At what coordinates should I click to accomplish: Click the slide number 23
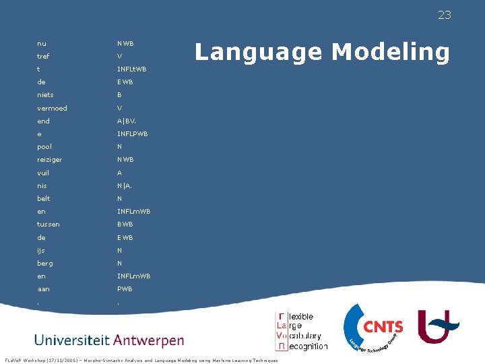(444, 16)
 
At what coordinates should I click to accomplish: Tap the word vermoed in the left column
(52, 108)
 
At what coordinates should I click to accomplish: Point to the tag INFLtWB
(131, 69)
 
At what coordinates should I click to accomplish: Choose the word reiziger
(49, 160)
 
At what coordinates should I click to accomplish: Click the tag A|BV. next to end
(126, 121)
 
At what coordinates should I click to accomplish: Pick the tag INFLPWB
(132, 133)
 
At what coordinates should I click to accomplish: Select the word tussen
(48, 224)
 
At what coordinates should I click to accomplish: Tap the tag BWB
(125, 224)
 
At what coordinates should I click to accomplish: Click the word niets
(45, 95)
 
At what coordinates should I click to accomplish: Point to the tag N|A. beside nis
(124, 185)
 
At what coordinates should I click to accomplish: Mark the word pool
(44, 146)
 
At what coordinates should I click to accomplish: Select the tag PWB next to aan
(125, 289)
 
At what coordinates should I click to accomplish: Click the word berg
(45, 263)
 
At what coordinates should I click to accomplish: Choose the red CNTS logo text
(383, 328)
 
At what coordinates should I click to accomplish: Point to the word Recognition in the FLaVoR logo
(308, 346)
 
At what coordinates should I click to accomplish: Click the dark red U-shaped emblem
(439, 324)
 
